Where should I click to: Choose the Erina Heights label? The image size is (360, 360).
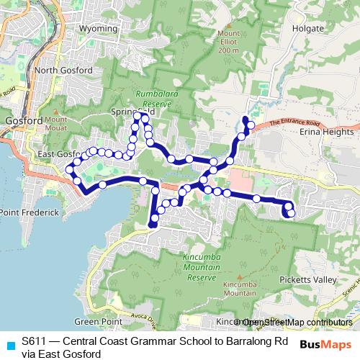pos(328,132)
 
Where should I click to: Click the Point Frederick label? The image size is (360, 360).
pos(30,214)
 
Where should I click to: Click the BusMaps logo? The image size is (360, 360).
pos(325,344)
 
